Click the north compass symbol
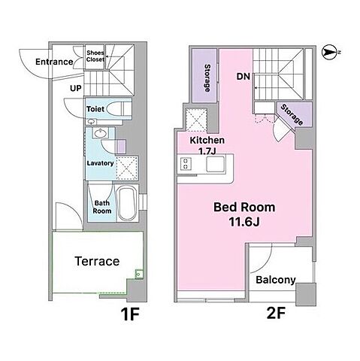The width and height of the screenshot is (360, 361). coord(329,53)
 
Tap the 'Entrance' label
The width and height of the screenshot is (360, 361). coord(54,62)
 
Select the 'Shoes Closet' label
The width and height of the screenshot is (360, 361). coord(95,56)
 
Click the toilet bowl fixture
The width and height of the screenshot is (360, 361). coord(116,109)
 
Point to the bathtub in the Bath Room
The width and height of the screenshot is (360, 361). coord(127,203)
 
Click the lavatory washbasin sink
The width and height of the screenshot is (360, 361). coord(101,132)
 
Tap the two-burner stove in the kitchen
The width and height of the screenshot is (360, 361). coord(186,163)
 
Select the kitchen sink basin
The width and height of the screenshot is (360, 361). coord(216,164)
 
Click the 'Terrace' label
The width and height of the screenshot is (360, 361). coord(97,261)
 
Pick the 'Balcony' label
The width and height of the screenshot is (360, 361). coord(276,280)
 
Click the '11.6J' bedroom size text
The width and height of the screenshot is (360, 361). coord(244,222)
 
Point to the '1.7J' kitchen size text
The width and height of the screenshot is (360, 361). coord(207,151)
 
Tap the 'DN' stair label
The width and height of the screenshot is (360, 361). coord(244,77)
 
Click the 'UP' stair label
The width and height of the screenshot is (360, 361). coord(76,88)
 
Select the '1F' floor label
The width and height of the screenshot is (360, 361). coord(130,314)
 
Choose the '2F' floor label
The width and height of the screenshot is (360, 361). coord(276,313)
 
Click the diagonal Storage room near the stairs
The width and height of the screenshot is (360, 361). coord(295,114)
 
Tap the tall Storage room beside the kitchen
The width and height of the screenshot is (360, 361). coord(204,75)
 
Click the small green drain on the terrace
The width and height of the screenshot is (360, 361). coord(139,274)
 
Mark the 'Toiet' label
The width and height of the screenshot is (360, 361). coord(95,109)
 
